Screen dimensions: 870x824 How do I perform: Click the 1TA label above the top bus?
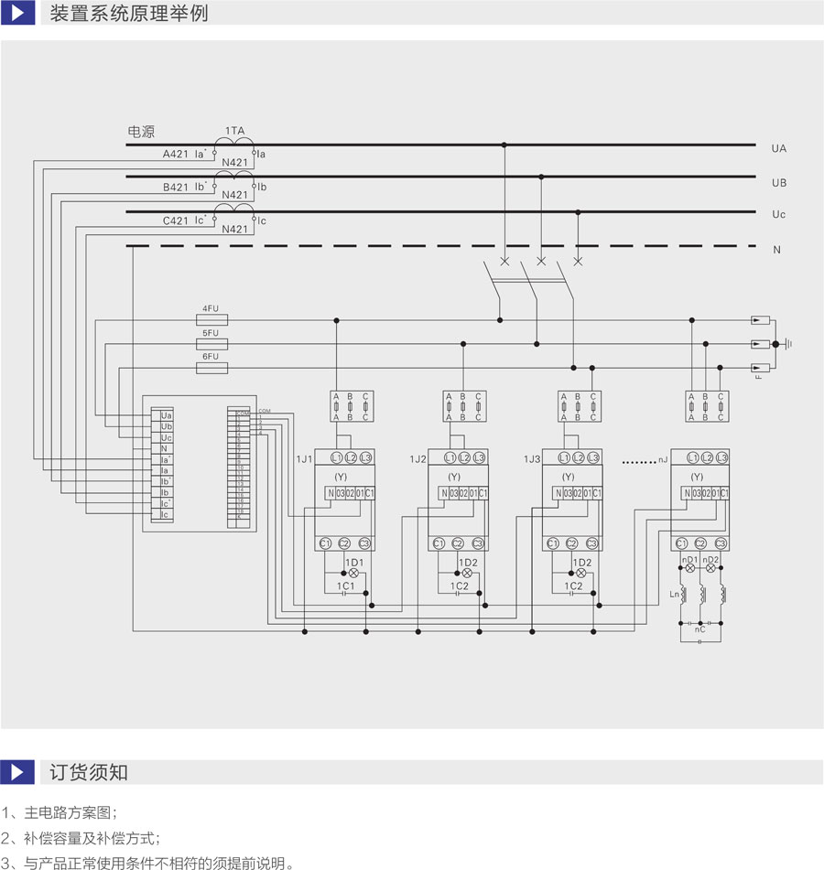click(234, 131)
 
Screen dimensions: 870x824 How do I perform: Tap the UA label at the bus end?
click(779, 148)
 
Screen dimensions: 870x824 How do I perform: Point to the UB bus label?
click(779, 183)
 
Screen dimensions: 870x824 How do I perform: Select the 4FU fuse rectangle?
click(212, 320)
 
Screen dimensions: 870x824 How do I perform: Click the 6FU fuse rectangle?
click(212, 368)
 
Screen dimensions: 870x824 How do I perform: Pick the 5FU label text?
click(211, 333)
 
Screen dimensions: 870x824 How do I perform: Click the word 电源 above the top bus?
click(141, 132)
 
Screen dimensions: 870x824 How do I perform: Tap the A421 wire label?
click(175, 155)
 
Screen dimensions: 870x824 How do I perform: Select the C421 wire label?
click(175, 220)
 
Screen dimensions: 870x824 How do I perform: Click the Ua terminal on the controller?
click(166, 415)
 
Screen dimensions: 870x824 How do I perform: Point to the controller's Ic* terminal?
click(166, 504)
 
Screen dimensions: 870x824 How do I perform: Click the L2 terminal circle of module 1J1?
click(351, 457)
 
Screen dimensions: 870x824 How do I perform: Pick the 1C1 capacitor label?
click(345, 585)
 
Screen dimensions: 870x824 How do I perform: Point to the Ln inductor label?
click(676, 594)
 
